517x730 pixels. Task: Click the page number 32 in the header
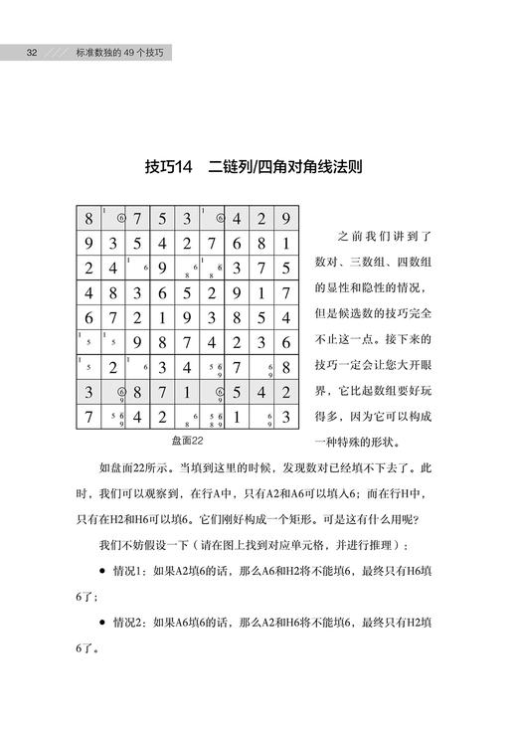[x=32, y=52]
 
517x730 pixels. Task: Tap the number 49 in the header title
[x=120, y=52]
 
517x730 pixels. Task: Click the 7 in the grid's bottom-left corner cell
[x=88, y=417]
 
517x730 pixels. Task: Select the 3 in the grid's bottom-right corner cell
[x=285, y=417]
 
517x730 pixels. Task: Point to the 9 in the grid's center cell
[x=187, y=318]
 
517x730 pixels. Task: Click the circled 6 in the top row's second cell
[x=120, y=218]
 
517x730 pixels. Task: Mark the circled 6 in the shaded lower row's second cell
[x=120, y=391]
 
